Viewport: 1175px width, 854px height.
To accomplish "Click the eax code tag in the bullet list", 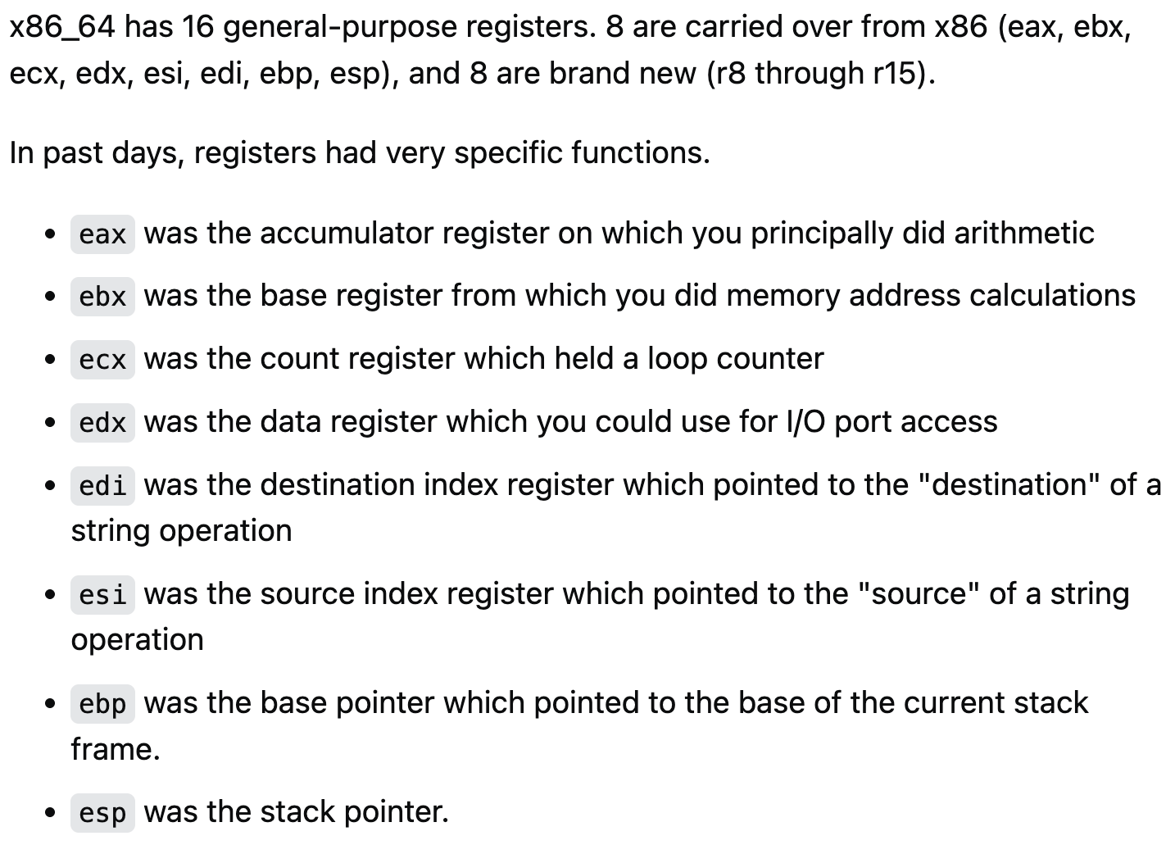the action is click(102, 234).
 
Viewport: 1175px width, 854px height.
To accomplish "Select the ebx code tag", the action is click(102, 297).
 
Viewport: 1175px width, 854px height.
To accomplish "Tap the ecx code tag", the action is click(102, 360).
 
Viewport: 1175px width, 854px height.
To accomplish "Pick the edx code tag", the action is click(102, 423).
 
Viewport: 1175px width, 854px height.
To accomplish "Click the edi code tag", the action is click(102, 486).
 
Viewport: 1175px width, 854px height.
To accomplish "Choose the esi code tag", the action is click(102, 595).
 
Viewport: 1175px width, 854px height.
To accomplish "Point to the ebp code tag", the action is click(102, 704).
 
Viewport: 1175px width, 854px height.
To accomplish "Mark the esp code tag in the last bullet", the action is click(102, 813).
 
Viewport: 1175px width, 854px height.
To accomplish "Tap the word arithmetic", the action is click(1024, 234).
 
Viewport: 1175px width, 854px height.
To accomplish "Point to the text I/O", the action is click(805, 422).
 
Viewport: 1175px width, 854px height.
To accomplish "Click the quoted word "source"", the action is click(919, 594).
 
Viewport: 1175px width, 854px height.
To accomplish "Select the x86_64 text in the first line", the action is click(62, 27).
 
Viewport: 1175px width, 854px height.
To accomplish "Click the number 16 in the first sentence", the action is click(198, 27).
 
